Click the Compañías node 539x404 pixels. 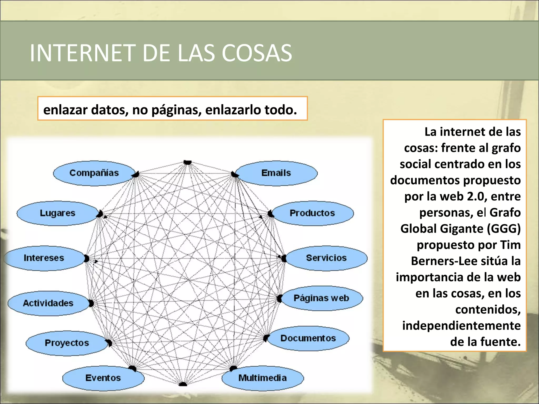(94, 173)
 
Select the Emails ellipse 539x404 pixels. (276, 173)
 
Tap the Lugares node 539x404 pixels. (57, 213)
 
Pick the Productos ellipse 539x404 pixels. (312, 213)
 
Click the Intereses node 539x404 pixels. (44, 258)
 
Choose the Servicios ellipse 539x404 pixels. (326, 258)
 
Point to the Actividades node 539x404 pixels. (48, 303)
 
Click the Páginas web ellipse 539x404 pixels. (321, 298)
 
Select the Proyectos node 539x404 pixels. (67, 343)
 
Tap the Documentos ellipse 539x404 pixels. (308, 338)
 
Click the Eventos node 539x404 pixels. (103, 378)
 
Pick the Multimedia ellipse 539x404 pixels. (263, 378)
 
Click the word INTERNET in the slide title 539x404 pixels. (82, 53)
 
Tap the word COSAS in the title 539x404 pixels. (257, 53)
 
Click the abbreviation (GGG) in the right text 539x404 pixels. (503, 229)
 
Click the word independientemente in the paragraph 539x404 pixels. (461, 326)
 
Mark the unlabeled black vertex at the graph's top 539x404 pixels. (187, 162)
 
